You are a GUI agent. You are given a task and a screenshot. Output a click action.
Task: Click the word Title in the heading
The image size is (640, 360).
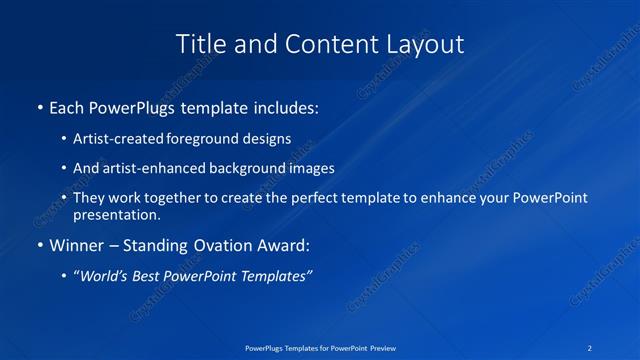click(x=198, y=44)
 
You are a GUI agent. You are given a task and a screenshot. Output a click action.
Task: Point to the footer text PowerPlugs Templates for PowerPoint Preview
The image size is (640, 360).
click(x=319, y=348)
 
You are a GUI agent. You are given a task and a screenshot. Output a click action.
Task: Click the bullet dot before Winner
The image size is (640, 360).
click(x=40, y=246)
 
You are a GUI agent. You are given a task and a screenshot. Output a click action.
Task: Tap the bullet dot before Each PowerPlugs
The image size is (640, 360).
click(x=40, y=107)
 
